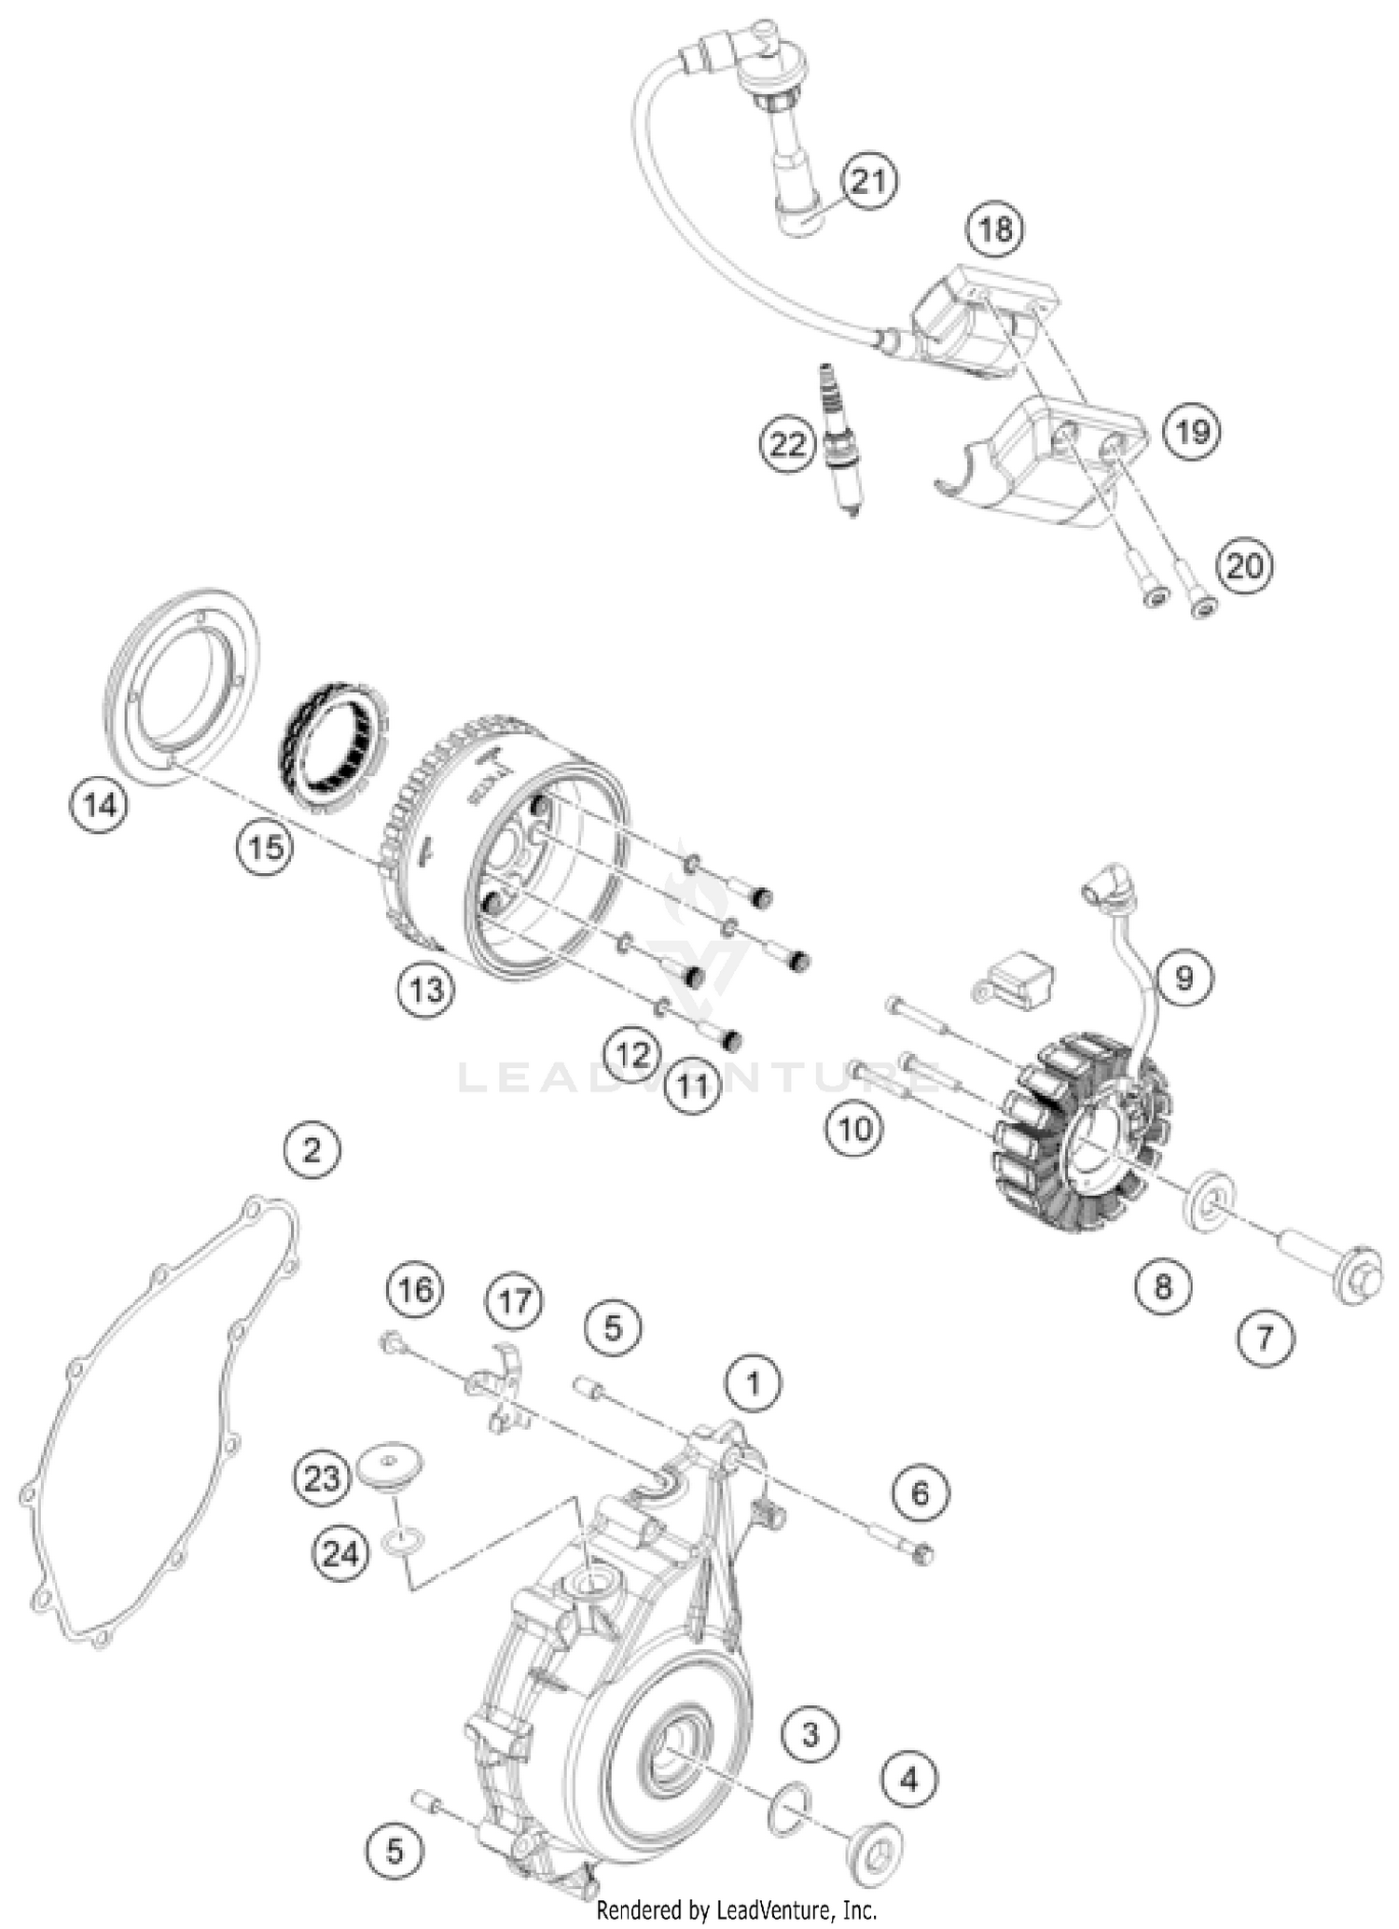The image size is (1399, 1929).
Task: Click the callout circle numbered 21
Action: tap(868, 181)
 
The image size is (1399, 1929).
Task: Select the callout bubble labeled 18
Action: tap(995, 229)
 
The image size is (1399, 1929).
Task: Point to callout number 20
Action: tap(1244, 566)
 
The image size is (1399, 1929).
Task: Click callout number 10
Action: tap(853, 1130)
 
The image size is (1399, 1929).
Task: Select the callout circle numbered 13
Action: tap(426, 990)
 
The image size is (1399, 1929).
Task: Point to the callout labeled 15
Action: tap(265, 848)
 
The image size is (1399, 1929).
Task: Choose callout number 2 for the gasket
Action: tap(312, 1149)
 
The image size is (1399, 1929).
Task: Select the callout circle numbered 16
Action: tap(415, 1290)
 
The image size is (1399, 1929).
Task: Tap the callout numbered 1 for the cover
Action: tap(753, 1383)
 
